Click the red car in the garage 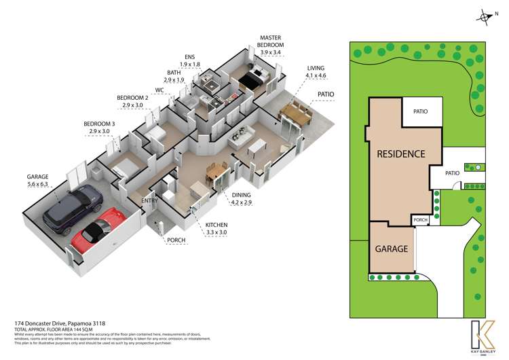coord(98,231)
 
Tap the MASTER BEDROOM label coord(271,45)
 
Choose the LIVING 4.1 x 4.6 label coord(316,73)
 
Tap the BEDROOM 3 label coord(100,127)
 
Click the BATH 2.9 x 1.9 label coord(175,76)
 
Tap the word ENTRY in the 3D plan coord(151,200)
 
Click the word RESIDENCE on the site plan coord(401,154)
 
